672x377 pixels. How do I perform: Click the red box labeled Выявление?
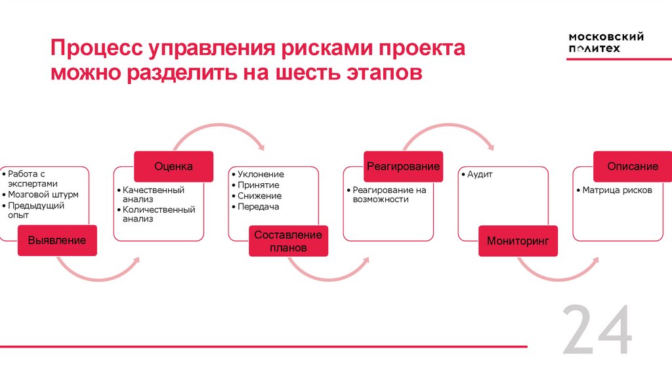coord(57,241)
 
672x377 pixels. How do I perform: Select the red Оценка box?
coord(173,167)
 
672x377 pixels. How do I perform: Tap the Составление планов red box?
coord(288,241)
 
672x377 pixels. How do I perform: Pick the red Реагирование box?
coord(403,167)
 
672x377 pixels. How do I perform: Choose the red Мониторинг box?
coord(518,241)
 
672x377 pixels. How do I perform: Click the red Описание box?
coord(633,167)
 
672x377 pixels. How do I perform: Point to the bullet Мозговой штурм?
coord(43,195)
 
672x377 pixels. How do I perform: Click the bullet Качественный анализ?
coord(154,194)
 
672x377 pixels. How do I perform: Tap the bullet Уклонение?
coord(261,175)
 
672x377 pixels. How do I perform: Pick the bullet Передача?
coord(259,206)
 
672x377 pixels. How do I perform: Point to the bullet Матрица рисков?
coord(618,190)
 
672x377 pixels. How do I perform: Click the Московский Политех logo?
coord(606,43)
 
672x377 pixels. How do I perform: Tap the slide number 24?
coord(597,331)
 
